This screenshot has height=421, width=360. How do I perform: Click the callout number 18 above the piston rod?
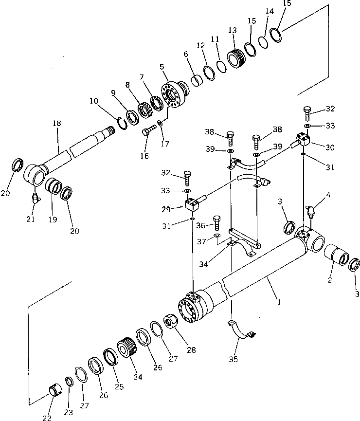pos(57,124)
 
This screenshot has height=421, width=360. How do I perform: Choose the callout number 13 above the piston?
pos(232,30)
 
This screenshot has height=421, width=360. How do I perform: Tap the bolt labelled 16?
pos(148,130)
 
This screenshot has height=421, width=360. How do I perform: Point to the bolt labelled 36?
pos(216,223)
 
